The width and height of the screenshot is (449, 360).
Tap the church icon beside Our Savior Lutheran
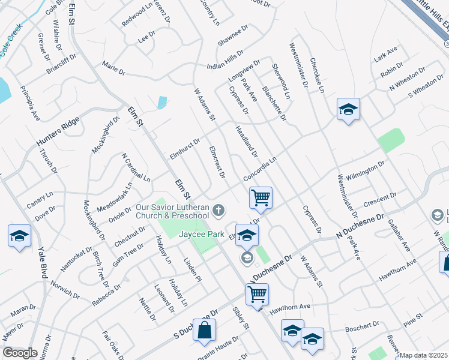(219, 210)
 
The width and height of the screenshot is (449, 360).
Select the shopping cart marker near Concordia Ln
(261, 197)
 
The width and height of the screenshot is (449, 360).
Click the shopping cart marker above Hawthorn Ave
(257, 294)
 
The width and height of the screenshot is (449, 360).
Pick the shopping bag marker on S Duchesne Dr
(204, 329)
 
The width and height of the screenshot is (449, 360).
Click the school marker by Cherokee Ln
(348, 109)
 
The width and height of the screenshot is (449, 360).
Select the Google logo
(20, 353)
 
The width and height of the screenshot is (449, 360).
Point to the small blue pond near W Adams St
(162, 103)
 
